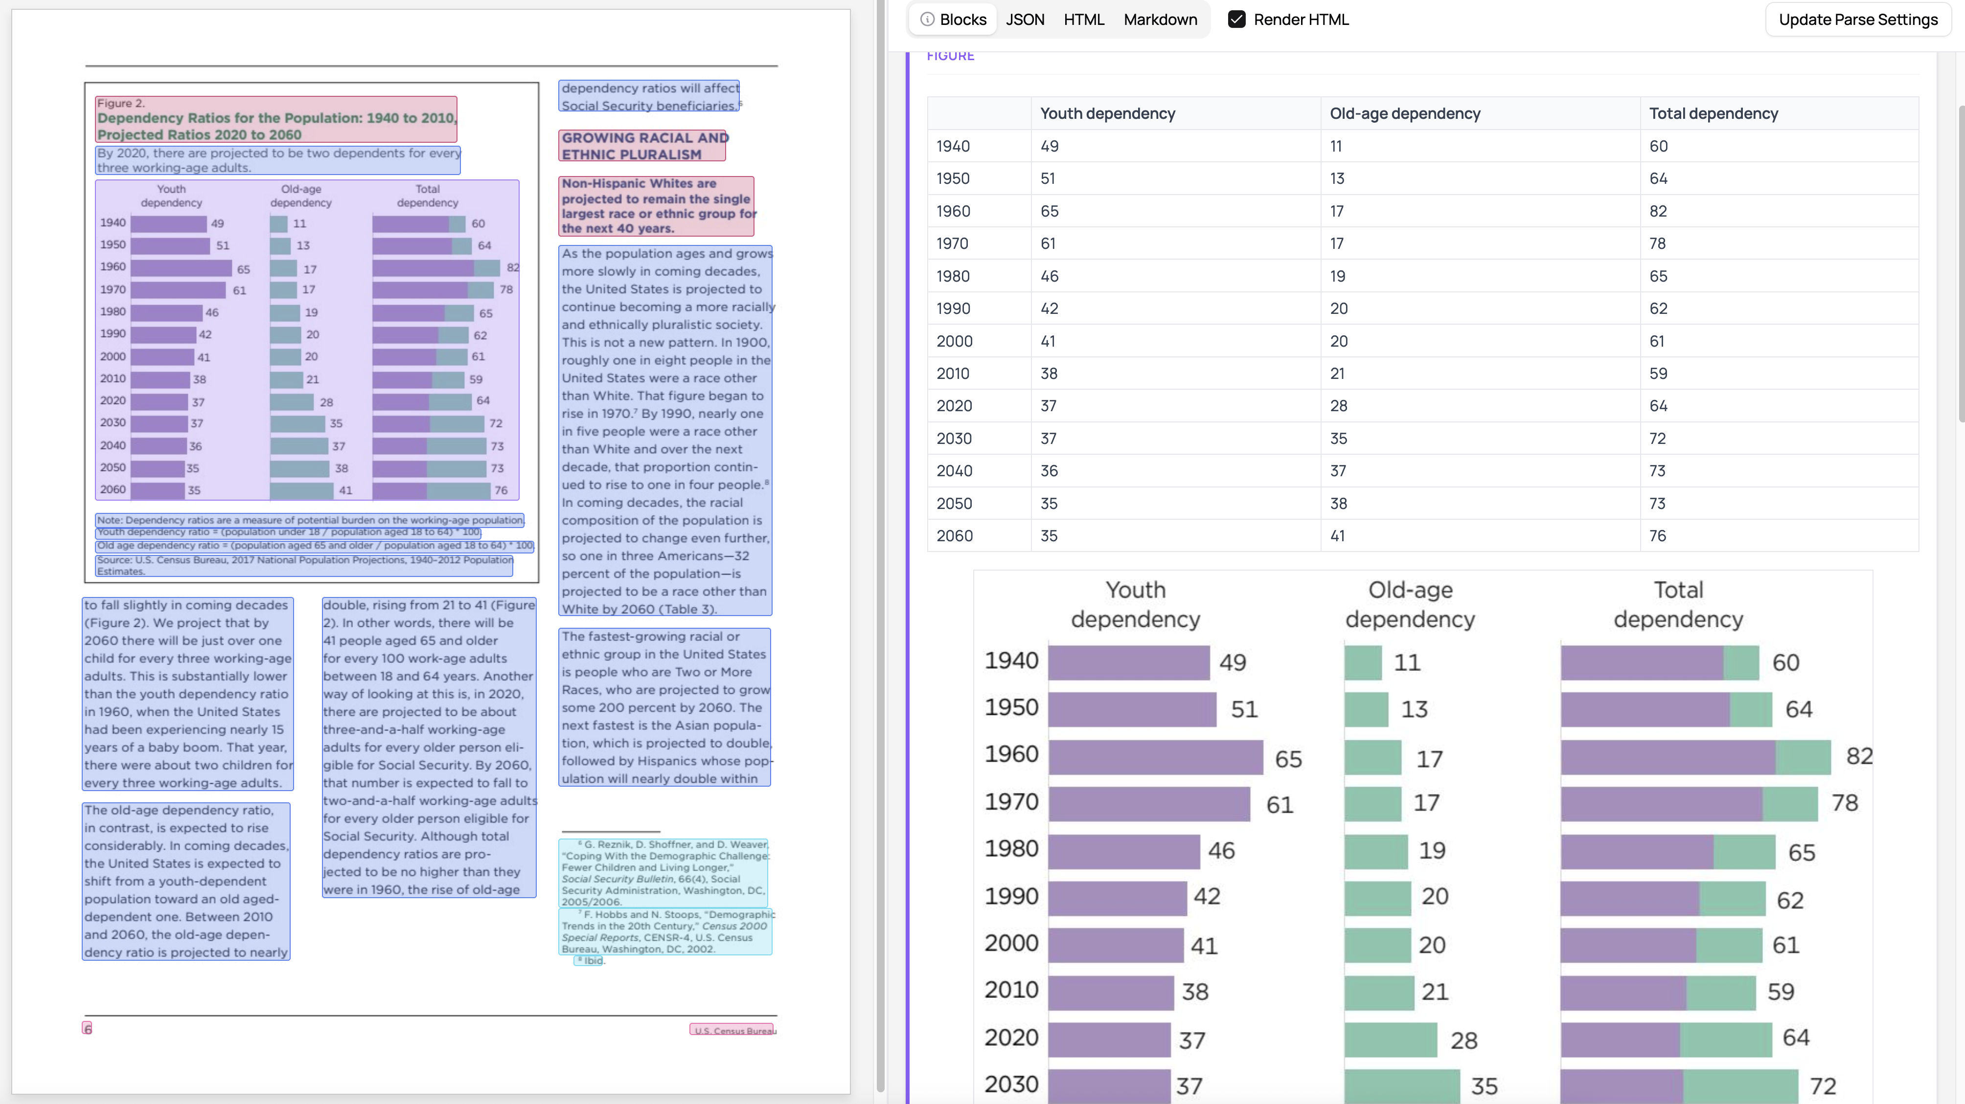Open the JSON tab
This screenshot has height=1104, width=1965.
coord(1025,20)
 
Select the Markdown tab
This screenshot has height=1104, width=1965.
coord(1160,20)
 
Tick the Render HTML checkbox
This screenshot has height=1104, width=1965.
coord(1236,20)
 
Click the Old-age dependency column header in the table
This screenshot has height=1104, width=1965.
coord(1404,113)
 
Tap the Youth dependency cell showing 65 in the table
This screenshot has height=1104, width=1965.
coord(1049,211)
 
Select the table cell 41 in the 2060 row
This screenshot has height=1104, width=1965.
coord(1337,536)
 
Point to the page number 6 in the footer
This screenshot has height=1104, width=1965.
coord(88,1029)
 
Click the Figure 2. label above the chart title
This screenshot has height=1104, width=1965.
coord(120,103)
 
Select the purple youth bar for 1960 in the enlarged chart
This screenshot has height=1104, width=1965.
coord(1155,757)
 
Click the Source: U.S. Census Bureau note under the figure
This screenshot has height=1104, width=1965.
coord(303,565)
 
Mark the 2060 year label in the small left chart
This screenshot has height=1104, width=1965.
coord(113,489)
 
